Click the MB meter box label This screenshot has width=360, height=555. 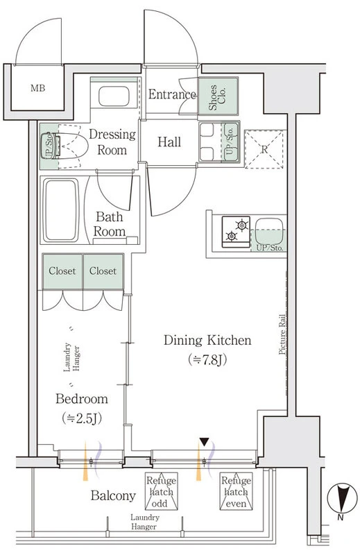coord(37,88)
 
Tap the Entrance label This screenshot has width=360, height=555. coord(172,94)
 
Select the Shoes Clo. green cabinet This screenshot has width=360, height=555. coord(218,96)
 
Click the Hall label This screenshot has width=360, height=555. coord(169,142)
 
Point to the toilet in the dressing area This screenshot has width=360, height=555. coord(65,146)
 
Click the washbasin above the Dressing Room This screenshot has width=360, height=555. coord(114,96)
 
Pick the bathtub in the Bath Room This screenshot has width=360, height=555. coord(60,210)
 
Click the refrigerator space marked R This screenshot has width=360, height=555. coord(264,149)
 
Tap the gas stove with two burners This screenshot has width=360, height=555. coord(236,232)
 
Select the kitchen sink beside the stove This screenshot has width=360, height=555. coord(269,231)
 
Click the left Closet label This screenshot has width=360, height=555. coord(62,271)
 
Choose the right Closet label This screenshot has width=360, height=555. coord(103,271)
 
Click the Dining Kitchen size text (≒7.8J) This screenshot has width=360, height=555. coord(208,359)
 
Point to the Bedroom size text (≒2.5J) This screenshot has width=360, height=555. coord(82,418)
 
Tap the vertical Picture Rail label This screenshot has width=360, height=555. coord(282,334)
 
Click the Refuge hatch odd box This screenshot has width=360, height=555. coord(162,491)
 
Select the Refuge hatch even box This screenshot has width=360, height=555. coord(236,491)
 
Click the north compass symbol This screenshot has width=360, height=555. coord(340,498)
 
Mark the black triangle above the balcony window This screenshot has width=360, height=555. coord(204,442)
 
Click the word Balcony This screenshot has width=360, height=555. coord(113,495)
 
